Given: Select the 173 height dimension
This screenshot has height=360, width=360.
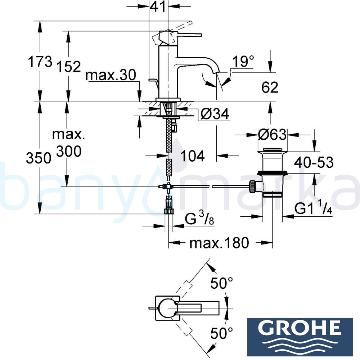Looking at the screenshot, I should point(40,62).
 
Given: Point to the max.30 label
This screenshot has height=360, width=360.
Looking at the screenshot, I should point(111,76).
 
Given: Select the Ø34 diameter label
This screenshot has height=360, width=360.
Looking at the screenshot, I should point(214,115).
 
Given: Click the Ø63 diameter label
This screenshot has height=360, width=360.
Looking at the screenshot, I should point(273,135).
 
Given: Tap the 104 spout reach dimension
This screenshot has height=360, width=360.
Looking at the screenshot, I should point(192,156).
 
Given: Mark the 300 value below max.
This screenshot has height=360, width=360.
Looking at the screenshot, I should point(69,152).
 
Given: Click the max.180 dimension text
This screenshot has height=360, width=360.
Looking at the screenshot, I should point(219,243).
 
